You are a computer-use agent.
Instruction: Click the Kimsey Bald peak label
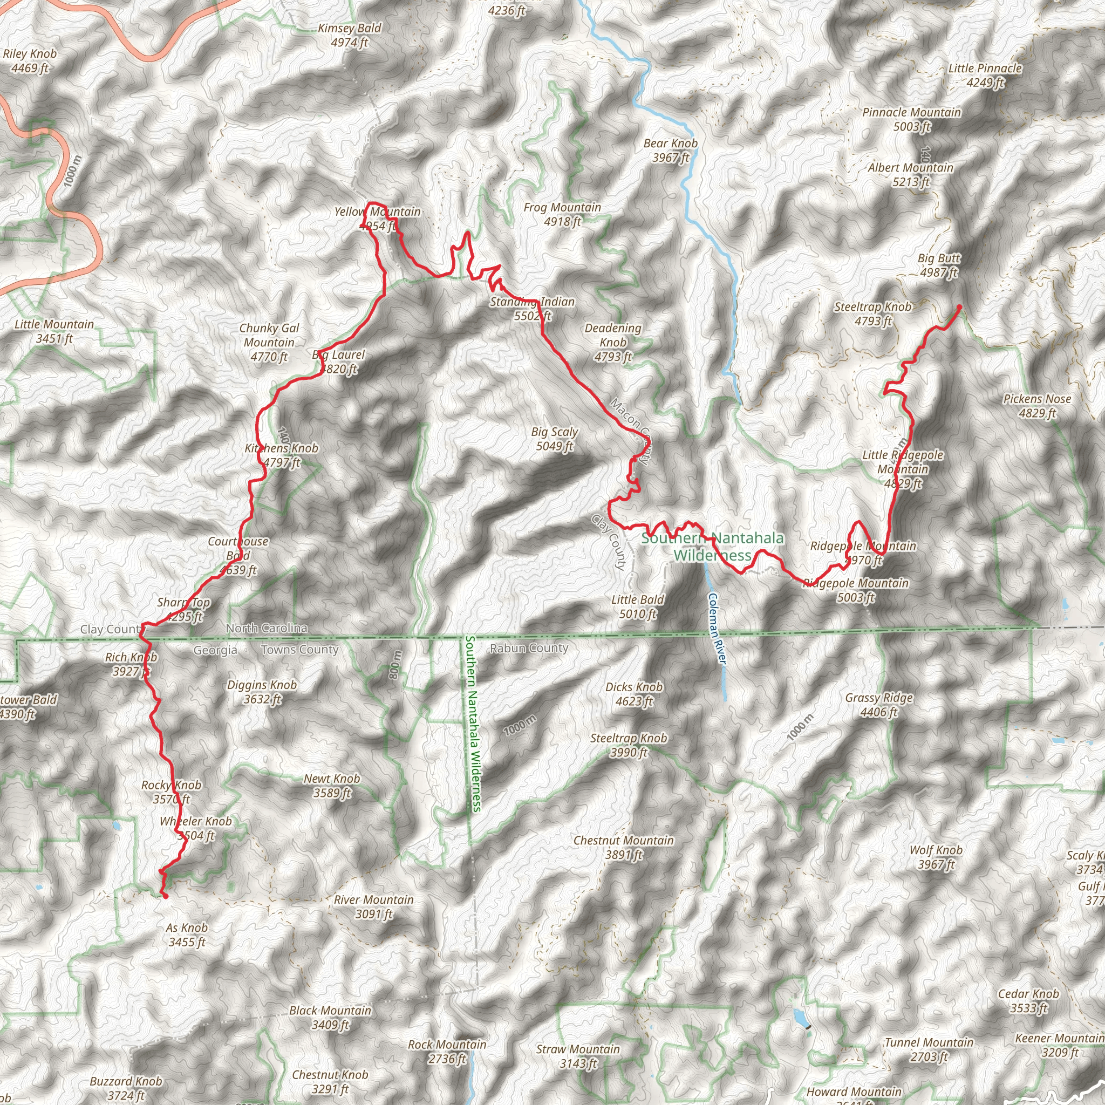coord(350,35)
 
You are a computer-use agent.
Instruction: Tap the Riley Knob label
coord(30,60)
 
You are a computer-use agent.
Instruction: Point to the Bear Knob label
coord(670,150)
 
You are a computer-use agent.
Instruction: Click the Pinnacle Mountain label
coord(912,119)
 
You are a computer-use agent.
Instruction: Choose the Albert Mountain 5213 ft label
coord(911,174)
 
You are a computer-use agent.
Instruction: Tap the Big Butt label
coord(939,265)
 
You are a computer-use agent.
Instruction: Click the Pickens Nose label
coord(1037,406)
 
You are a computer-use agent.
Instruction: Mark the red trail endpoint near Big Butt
coord(959,308)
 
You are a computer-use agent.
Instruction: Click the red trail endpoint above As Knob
coord(166,897)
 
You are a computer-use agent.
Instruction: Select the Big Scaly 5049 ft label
coord(554,439)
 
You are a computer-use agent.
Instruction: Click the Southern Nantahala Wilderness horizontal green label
coord(712,546)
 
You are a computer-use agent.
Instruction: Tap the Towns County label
coord(299,650)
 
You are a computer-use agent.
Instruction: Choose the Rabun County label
coord(529,648)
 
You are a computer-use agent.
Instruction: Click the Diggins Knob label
coord(262,692)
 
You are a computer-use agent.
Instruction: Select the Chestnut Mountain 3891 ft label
coord(623,847)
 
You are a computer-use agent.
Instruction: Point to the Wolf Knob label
coord(936,857)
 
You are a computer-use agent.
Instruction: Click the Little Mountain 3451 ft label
coord(54,331)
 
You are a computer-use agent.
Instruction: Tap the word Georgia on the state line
coord(215,650)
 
